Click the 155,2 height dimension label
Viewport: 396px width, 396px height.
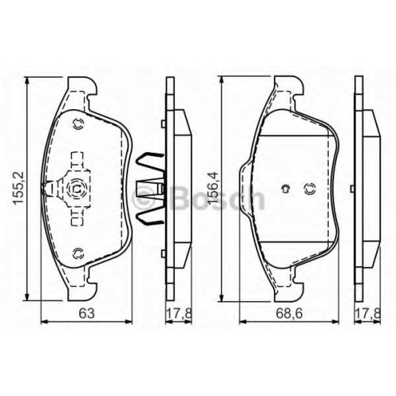(19, 188)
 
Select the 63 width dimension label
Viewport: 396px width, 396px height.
(86, 314)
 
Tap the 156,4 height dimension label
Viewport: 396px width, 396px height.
(213, 188)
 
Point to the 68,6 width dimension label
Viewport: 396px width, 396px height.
(289, 314)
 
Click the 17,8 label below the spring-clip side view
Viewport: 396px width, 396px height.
(179, 314)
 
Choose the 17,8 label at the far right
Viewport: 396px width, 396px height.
(368, 314)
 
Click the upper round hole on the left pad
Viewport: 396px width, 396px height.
(78, 124)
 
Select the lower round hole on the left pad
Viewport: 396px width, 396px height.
(78, 253)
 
